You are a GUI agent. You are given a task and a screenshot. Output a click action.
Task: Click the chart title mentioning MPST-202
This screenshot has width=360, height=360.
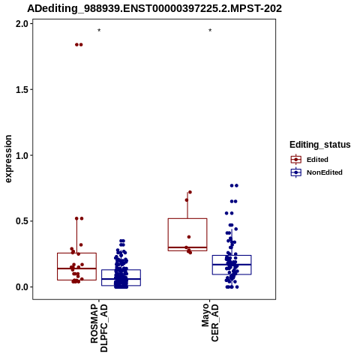pos(154,8)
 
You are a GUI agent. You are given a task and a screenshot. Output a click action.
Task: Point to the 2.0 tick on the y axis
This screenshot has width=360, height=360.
pos(22,24)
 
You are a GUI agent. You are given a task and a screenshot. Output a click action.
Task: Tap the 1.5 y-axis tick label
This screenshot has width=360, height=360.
pos(22,90)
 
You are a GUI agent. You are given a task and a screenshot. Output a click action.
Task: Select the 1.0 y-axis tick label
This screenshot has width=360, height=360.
pos(22,155)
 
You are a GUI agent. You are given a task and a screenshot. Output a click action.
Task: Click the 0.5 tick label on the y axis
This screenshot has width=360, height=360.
pos(22,221)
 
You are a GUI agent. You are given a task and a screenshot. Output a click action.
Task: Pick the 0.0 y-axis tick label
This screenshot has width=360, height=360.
pos(22,287)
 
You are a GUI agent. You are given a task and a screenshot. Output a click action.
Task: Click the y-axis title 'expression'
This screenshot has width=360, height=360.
pos(8,159)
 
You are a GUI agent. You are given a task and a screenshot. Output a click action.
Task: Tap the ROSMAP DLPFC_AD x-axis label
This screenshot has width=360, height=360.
pos(99,328)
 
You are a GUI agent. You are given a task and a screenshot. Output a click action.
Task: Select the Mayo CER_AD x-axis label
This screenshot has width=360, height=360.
pos(210,322)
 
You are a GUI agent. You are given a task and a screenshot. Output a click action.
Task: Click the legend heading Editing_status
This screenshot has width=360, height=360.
pos(320,145)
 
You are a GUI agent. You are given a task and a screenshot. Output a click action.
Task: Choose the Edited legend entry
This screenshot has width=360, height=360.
pos(310,160)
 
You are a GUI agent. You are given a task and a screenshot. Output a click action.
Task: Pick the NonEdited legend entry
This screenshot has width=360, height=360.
pos(316,172)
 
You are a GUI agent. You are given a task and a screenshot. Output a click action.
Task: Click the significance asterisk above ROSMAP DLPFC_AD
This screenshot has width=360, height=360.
pos(99,31)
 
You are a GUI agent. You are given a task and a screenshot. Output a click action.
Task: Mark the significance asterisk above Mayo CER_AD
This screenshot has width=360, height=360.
pos(210,31)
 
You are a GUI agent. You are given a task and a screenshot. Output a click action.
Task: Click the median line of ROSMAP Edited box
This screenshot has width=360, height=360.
pos(76,268)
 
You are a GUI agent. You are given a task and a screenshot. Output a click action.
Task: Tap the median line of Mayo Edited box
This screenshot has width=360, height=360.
pos(187,247)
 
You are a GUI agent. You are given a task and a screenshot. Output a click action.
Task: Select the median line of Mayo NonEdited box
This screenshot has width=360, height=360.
pos(232,265)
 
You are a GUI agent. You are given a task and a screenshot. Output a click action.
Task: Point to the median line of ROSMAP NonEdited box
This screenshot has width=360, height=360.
pos(121,279)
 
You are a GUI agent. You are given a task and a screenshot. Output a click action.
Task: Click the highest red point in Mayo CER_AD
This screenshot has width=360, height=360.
pos(190,192)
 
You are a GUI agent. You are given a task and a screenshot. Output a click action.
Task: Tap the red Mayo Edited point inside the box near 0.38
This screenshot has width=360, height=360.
pos(189,237)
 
